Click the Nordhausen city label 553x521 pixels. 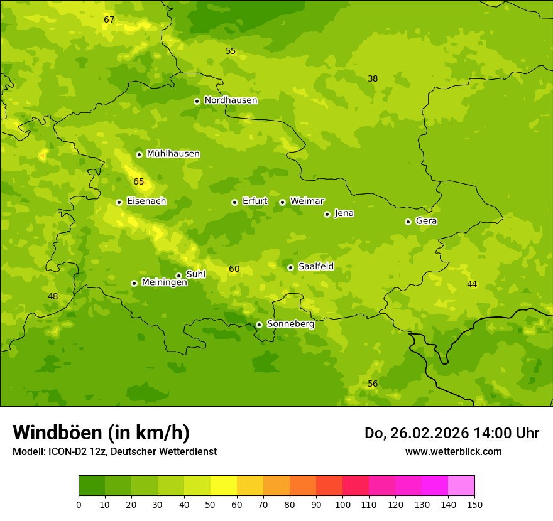231,100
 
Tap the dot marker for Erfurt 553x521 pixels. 234,202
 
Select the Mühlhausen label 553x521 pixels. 173,154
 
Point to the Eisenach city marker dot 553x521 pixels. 119,202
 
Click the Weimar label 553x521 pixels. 307,201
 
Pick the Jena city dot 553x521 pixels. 327,214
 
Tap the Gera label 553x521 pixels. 426,221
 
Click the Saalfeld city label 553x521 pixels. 315,267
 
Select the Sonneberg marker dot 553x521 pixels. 259,325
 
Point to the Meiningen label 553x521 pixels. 164,282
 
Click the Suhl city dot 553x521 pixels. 178,276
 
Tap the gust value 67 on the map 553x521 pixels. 109,20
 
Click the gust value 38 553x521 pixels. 373,79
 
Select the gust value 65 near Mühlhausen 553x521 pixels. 139,182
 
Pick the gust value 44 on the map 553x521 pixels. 472,285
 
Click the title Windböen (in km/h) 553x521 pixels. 101,432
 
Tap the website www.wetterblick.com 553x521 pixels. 453,451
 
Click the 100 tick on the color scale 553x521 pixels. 342,504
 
